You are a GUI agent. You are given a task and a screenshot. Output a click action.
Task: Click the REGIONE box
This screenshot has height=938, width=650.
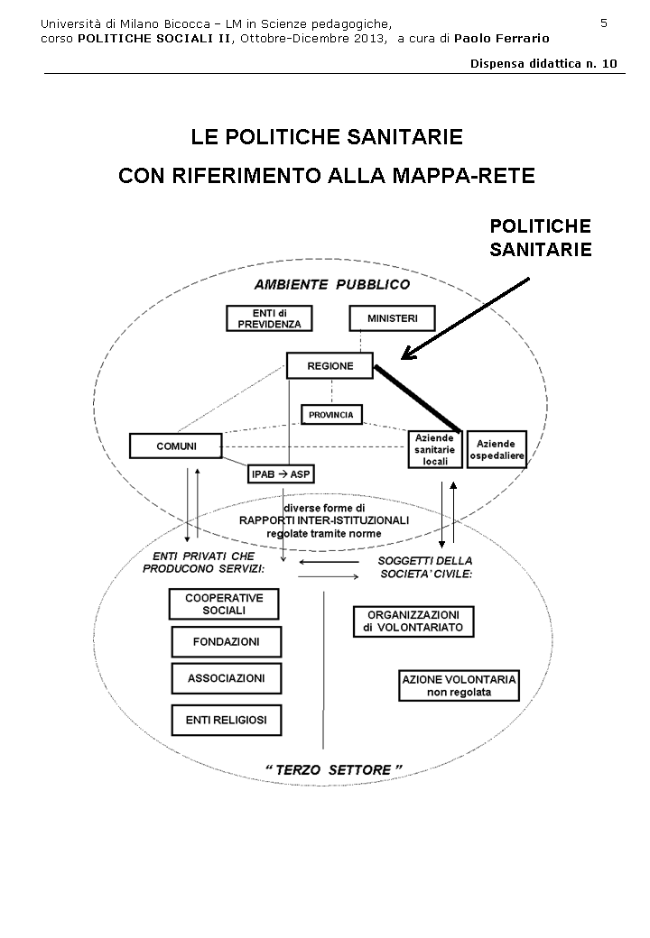(x=330, y=365)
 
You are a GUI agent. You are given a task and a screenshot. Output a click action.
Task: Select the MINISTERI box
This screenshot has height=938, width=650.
(x=392, y=318)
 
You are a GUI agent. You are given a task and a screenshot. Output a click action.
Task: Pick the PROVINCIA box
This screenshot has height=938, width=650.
(x=331, y=415)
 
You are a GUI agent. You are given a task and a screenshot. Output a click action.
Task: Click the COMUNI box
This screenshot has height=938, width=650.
(x=176, y=446)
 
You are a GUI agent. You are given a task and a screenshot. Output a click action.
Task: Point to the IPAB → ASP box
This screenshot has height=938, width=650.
(x=283, y=474)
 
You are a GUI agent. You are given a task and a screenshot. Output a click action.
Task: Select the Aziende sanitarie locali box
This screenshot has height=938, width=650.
(x=435, y=448)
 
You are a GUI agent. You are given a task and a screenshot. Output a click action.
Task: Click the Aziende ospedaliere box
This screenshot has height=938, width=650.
(x=496, y=448)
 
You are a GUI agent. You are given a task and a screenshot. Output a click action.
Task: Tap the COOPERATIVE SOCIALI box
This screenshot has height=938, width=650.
(x=224, y=603)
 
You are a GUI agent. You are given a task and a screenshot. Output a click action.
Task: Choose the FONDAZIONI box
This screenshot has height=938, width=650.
(x=226, y=641)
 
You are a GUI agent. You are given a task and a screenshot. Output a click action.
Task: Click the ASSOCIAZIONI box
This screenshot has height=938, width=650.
(x=226, y=677)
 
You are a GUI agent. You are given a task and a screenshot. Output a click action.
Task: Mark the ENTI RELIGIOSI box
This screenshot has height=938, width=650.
(x=226, y=720)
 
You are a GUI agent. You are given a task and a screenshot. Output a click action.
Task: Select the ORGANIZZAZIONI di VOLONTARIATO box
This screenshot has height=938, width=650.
(x=413, y=621)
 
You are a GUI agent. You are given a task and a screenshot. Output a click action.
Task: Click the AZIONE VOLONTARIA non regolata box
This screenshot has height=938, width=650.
(x=459, y=685)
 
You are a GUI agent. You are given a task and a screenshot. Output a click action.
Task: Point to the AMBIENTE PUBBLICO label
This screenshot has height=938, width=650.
(x=331, y=284)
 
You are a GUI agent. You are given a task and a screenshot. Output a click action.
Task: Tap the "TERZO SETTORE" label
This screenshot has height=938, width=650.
(x=333, y=769)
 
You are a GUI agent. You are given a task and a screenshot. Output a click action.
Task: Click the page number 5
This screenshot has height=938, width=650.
(x=604, y=23)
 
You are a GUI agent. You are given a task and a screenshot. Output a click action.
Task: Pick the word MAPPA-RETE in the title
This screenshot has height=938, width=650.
(x=473, y=175)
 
